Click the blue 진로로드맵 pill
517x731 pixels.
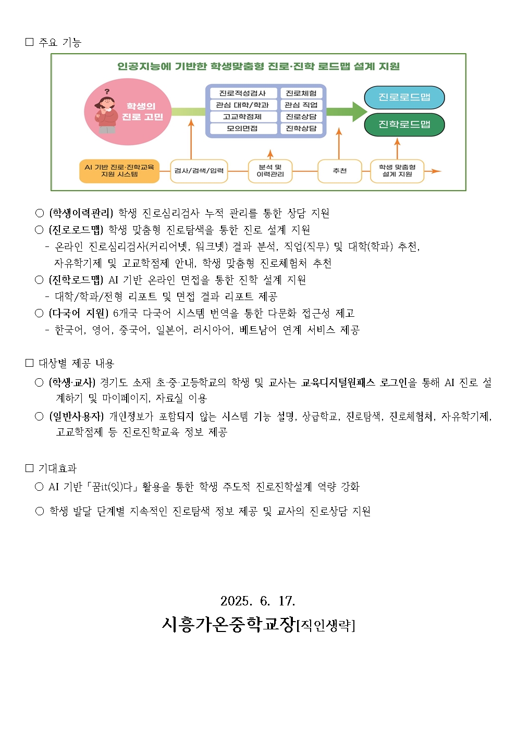404,97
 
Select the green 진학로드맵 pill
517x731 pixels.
404,125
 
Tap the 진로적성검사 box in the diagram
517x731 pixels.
243,93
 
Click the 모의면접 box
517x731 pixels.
243,128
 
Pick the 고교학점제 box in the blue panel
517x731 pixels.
243,117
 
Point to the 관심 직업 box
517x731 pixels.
301,105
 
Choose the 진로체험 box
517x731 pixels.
301,93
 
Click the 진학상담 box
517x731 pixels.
301,128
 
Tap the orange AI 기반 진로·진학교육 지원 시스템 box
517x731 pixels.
119,171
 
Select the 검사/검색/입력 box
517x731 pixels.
199,171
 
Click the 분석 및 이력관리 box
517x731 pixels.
270,171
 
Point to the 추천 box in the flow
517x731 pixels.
339,171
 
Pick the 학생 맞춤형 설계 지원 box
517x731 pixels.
397,171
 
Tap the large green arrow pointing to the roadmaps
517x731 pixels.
347,111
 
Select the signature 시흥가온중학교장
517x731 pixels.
229,625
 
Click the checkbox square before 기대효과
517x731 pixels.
29,468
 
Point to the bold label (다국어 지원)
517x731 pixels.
78,313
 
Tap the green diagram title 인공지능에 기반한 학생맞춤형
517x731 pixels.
191,67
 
